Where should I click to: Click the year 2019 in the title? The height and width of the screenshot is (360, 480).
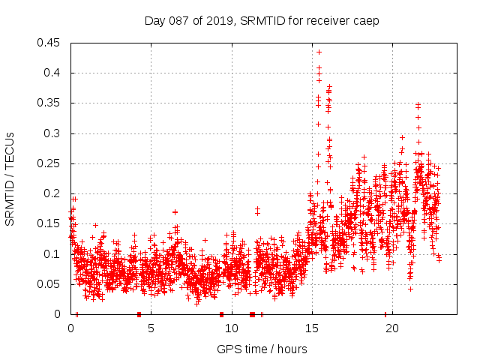click(213, 20)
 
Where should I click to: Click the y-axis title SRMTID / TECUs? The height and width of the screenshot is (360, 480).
click(10, 178)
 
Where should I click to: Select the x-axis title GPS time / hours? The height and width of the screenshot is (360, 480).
click(262, 349)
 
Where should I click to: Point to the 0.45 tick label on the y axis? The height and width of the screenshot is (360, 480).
click(51, 43)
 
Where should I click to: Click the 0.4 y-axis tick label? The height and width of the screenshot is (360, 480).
click(54, 73)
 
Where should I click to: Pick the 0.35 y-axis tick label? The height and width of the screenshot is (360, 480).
click(51, 103)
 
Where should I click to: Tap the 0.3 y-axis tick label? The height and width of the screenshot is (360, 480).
click(54, 133)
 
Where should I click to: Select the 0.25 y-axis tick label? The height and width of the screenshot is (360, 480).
click(51, 163)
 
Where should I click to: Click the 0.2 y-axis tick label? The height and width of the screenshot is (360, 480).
click(54, 193)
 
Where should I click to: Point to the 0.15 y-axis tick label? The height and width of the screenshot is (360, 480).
click(51, 223)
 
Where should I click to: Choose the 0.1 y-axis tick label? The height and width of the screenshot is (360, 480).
click(54, 253)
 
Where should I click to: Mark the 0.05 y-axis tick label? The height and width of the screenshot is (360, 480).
click(51, 284)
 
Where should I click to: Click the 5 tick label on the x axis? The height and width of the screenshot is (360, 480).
click(151, 328)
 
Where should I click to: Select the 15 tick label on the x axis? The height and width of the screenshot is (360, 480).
click(311, 328)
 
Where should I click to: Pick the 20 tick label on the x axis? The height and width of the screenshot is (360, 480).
click(391, 328)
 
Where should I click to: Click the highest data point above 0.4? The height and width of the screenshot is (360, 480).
click(319, 52)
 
